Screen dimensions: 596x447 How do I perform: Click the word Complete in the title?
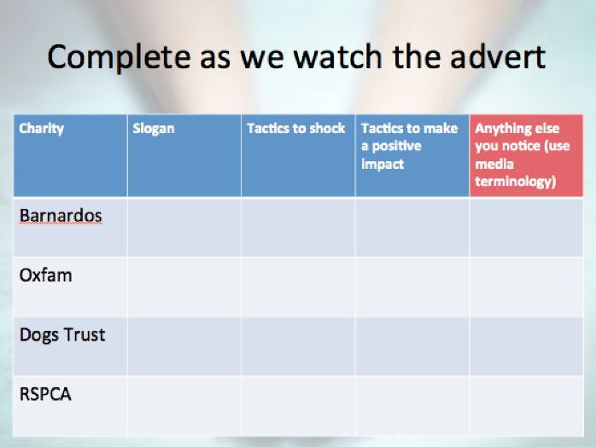[119, 58]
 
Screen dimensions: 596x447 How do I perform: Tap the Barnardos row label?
[61, 216]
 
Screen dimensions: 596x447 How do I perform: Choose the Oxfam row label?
[45, 276]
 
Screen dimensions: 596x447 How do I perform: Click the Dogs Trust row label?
[62, 335]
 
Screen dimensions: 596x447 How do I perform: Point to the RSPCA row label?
[45, 394]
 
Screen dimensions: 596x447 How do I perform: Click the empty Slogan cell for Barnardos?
[184, 227]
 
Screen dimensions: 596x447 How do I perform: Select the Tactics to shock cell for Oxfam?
[298, 287]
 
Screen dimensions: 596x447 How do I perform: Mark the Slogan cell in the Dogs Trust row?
[184, 346]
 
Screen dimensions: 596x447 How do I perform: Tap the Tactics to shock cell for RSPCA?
[298, 405]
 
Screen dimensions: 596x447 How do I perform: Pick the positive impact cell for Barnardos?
[412, 227]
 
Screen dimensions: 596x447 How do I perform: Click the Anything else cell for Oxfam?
[527, 287]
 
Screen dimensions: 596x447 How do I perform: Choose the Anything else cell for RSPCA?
[527, 405]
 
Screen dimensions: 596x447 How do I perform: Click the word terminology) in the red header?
[516, 182]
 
